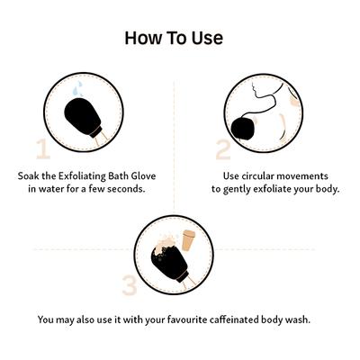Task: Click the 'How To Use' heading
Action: coord(174,38)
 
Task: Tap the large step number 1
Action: coord(40,148)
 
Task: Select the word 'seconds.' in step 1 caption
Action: coord(126,189)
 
